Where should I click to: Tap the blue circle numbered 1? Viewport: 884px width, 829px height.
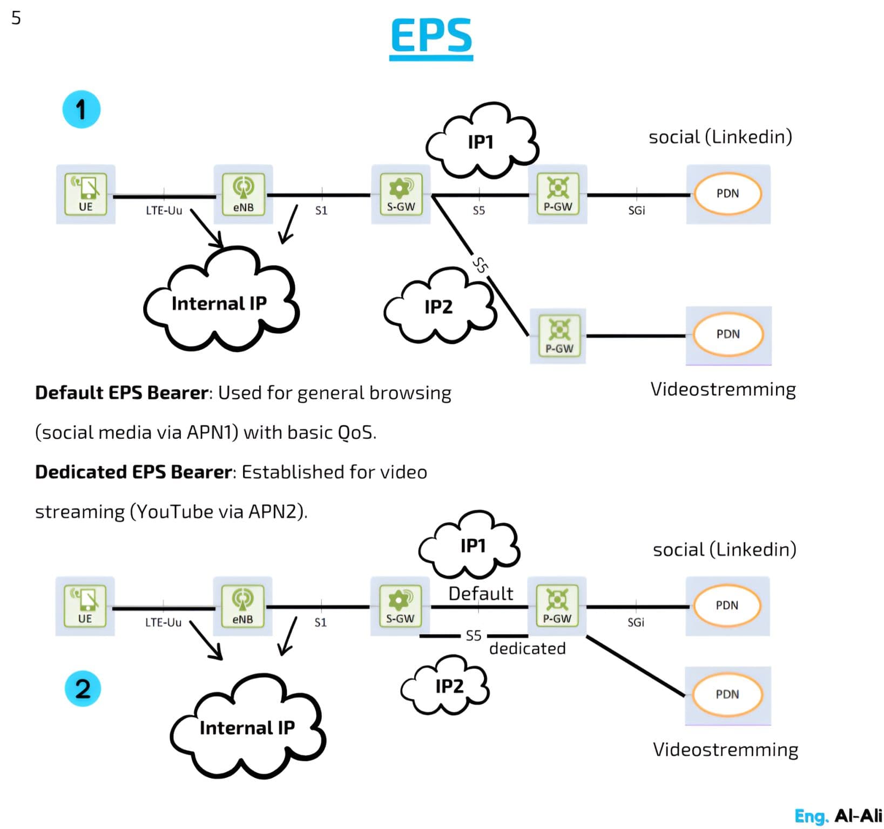pyautogui.click(x=81, y=110)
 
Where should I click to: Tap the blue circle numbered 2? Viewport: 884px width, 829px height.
pyautogui.click(x=83, y=689)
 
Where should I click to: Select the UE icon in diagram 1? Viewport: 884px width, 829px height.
pyautogui.click(x=85, y=194)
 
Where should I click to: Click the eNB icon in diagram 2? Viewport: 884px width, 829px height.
pyautogui.click(x=242, y=606)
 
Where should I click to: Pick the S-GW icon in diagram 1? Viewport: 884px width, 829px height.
pyautogui.click(x=400, y=194)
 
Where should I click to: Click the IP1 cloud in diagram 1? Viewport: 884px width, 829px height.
pyautogui.click(x=481, y=141)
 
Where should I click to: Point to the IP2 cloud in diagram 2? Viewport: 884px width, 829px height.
pyautogui.click(x=448, y=686)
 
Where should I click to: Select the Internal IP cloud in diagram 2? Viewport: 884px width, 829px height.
pyautogui.click(x=247, y=728)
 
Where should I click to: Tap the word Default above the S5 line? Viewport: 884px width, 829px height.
pyautogui.click(x=481, y=593)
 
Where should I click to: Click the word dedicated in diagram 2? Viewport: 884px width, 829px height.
pyautogui.click(x=527, y=648)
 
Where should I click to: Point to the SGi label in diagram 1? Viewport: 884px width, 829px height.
pyautogui.click(x=636, y=210)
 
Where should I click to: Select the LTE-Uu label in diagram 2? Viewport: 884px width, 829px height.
pyautogui.click(x=163, y=622)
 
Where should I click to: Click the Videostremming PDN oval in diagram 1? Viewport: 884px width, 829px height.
pyautogui.click(x=728, y=335)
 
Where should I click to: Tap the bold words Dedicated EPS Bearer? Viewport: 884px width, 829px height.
pyautogui.click(x=133, y=472)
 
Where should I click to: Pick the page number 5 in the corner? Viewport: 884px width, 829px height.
pyautogui.click(x=16, y=18)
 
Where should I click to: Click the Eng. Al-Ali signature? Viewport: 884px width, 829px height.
pyautogui.click(x=838, y=816)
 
